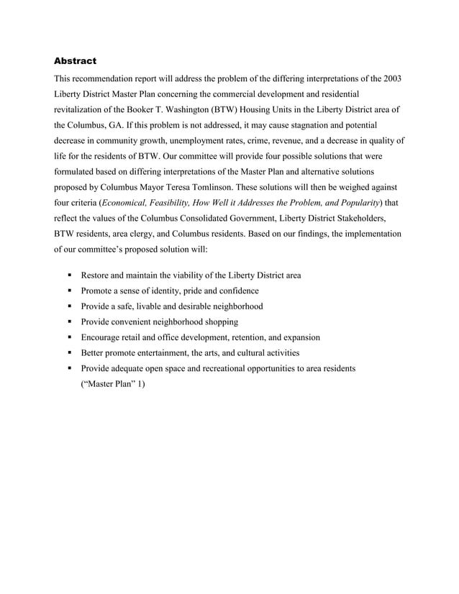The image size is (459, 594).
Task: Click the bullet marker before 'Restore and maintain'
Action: (71, 275)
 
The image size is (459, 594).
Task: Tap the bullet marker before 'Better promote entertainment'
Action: (71, 353)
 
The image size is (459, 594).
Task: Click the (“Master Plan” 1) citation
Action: (113, 384)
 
